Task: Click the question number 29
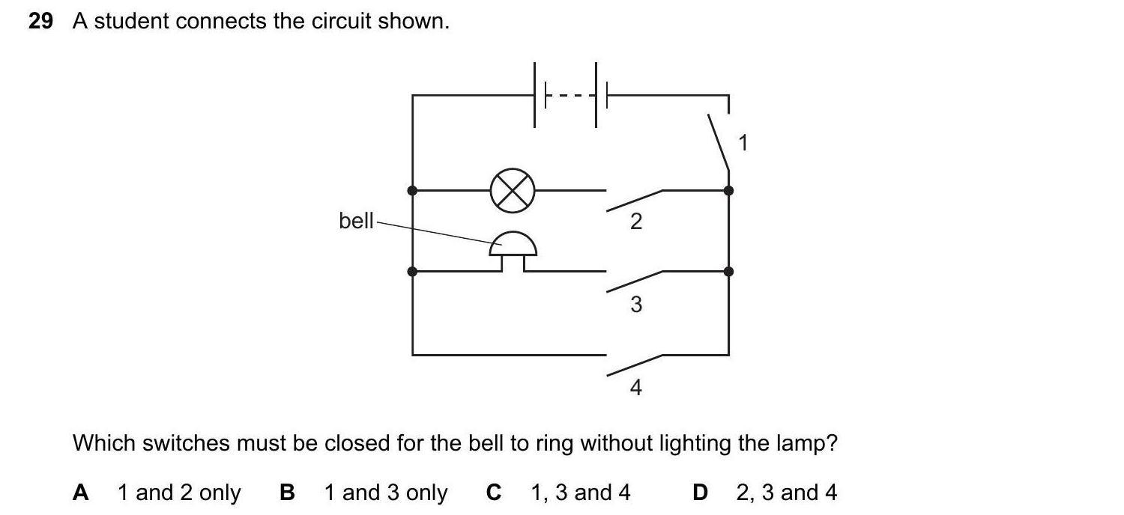[x=41, y=22]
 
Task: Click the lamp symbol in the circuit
[x=513, y=190]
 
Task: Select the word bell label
[x=356, y=221]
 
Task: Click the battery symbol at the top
[x=569, y=96]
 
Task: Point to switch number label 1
[x=743, y=142]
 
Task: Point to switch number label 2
[x=635, y=222]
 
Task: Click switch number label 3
[x=635, y=305]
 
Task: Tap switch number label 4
[x=635, y=388]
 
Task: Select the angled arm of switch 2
[x=634, y=200]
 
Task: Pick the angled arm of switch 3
[x=634, y=281]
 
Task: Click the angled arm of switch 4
[x=634, y=365]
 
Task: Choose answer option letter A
[x=81, y=493]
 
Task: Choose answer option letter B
[x=287, y=493]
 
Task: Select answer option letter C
[x=493, y=493]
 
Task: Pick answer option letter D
[x=700, y=493]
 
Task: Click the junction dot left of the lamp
[x=412, y=190]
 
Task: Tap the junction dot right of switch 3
[x=728, y=271]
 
